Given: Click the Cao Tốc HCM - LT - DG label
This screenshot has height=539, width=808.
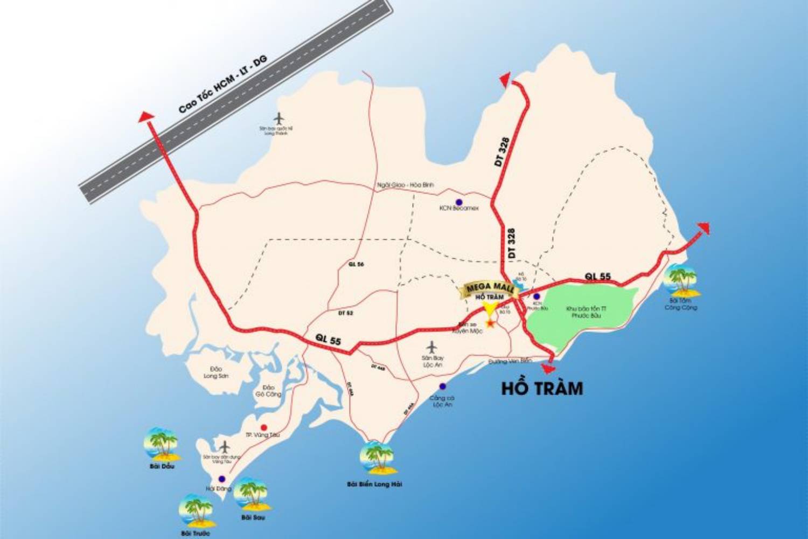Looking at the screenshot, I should [x=223, y=84].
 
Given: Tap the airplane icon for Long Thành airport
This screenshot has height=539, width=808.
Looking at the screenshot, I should [x=278, y=118].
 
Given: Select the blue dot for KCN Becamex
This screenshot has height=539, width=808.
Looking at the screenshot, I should [x=459, y=202].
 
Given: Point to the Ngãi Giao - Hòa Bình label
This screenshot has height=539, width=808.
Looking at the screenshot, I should [x=405, y=185].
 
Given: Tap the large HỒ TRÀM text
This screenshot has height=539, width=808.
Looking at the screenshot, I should [x=542, y=389].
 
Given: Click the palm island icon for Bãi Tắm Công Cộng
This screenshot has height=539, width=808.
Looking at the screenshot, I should [x=681, y=281].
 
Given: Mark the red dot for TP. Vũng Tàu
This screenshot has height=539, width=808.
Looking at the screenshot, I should [x=264, y=427].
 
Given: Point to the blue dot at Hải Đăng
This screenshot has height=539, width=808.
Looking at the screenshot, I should [x=221, y=479].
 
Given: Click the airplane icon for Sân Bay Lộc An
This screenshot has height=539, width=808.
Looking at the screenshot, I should [x=431, y=347].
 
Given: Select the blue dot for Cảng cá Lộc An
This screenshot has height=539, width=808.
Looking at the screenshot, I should [x=442, y=386].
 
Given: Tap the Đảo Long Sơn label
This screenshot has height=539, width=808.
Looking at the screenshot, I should [x=215, y=372].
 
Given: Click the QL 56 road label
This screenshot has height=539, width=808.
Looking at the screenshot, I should [x=356, y=264].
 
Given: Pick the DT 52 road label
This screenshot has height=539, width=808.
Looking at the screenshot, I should [x=345, y=313].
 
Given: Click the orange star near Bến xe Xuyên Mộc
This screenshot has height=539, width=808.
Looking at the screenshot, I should [x=490, y=323].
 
